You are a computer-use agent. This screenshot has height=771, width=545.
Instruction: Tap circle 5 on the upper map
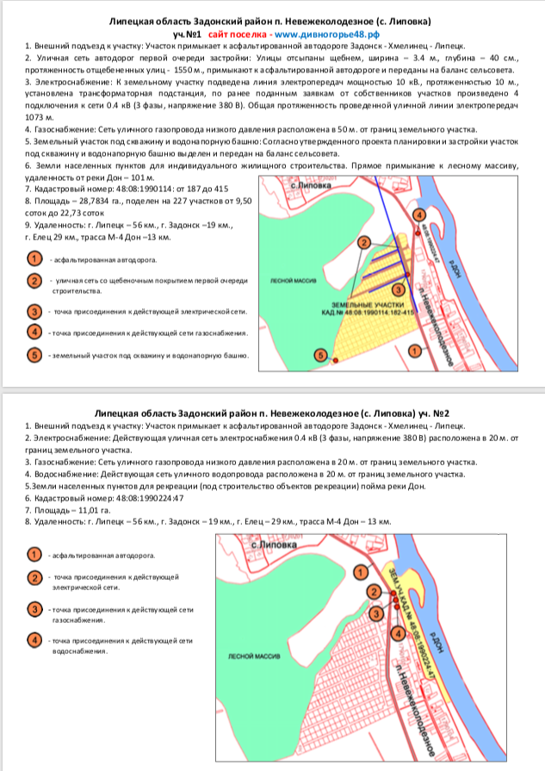coord(321,354)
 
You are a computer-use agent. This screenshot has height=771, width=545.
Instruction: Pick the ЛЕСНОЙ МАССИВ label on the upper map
coord(289,280)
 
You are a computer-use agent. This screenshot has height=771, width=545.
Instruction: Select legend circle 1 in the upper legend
coord(34,258)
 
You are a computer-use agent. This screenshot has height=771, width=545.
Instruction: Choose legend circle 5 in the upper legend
coord(34,354)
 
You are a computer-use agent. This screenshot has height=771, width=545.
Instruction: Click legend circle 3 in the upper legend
coord(34,312)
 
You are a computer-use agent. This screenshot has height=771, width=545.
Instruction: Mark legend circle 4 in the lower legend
coord(34,639)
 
